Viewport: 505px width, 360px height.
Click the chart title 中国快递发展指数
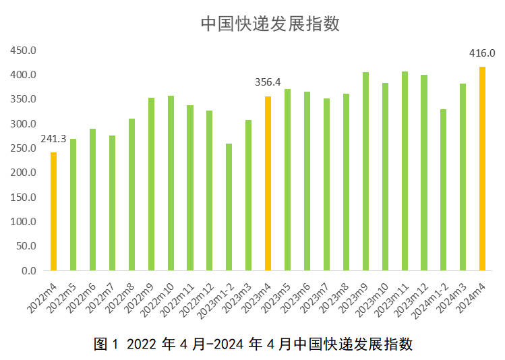tap(270, 24)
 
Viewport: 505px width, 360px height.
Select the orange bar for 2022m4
tap(54, 212)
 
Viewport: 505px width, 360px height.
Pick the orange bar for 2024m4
tap(482, 169)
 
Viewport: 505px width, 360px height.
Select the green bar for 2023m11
tap(405, 171)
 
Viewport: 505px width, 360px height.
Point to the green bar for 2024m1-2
tap(443, 190)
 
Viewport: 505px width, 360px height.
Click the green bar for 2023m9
tap(365, 171)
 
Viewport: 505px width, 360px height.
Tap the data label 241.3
tap(53, 139)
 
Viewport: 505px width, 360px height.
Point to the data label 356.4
tap(268, 83)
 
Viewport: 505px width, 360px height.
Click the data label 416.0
tap(482, 53)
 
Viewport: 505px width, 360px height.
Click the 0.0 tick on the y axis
tap(29, 271)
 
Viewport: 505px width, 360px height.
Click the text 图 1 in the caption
tap(107, 344)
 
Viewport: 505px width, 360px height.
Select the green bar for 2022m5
tap(73, 205)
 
